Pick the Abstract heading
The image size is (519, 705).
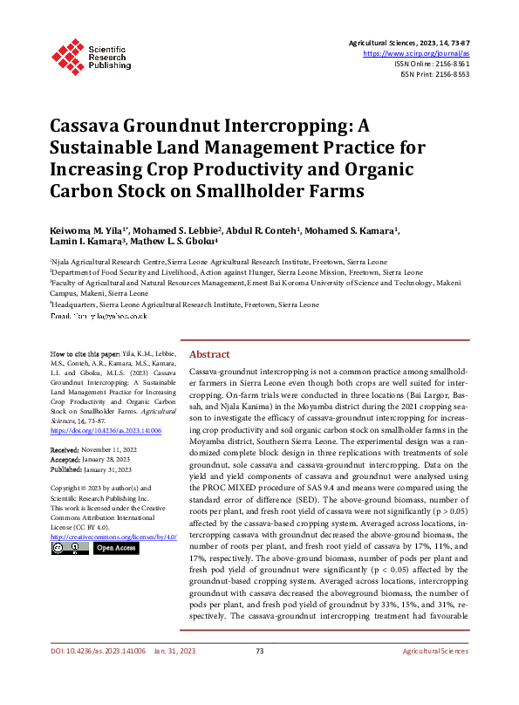point(209,354)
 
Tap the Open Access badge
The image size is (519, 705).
point(116,548)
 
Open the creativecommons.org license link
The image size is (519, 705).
point(114,536)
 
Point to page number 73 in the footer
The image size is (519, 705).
point(259,675)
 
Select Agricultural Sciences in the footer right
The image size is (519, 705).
point(434,675)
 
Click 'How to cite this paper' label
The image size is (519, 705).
point(84,354)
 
